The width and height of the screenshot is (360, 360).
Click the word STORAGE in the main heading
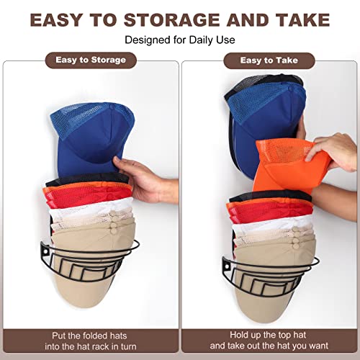coord(172,19)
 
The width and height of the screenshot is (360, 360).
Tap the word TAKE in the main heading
coord(302,19)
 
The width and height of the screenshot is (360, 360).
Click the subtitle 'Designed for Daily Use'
coord(180,40)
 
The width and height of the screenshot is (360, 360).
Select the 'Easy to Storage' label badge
coord(91,60)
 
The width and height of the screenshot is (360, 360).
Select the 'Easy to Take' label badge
coord(269,60)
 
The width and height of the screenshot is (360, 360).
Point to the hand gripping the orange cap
coord(333,153)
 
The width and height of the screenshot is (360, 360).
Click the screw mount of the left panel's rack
coord(45,253)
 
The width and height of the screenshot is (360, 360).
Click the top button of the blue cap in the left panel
coord(112,106)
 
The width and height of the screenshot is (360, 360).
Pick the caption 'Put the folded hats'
coord(89,336)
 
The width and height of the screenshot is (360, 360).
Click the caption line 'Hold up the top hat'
coord(268,335)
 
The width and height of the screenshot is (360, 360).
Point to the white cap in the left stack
coord(91,211)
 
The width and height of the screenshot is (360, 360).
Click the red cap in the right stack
coord(270,210)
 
